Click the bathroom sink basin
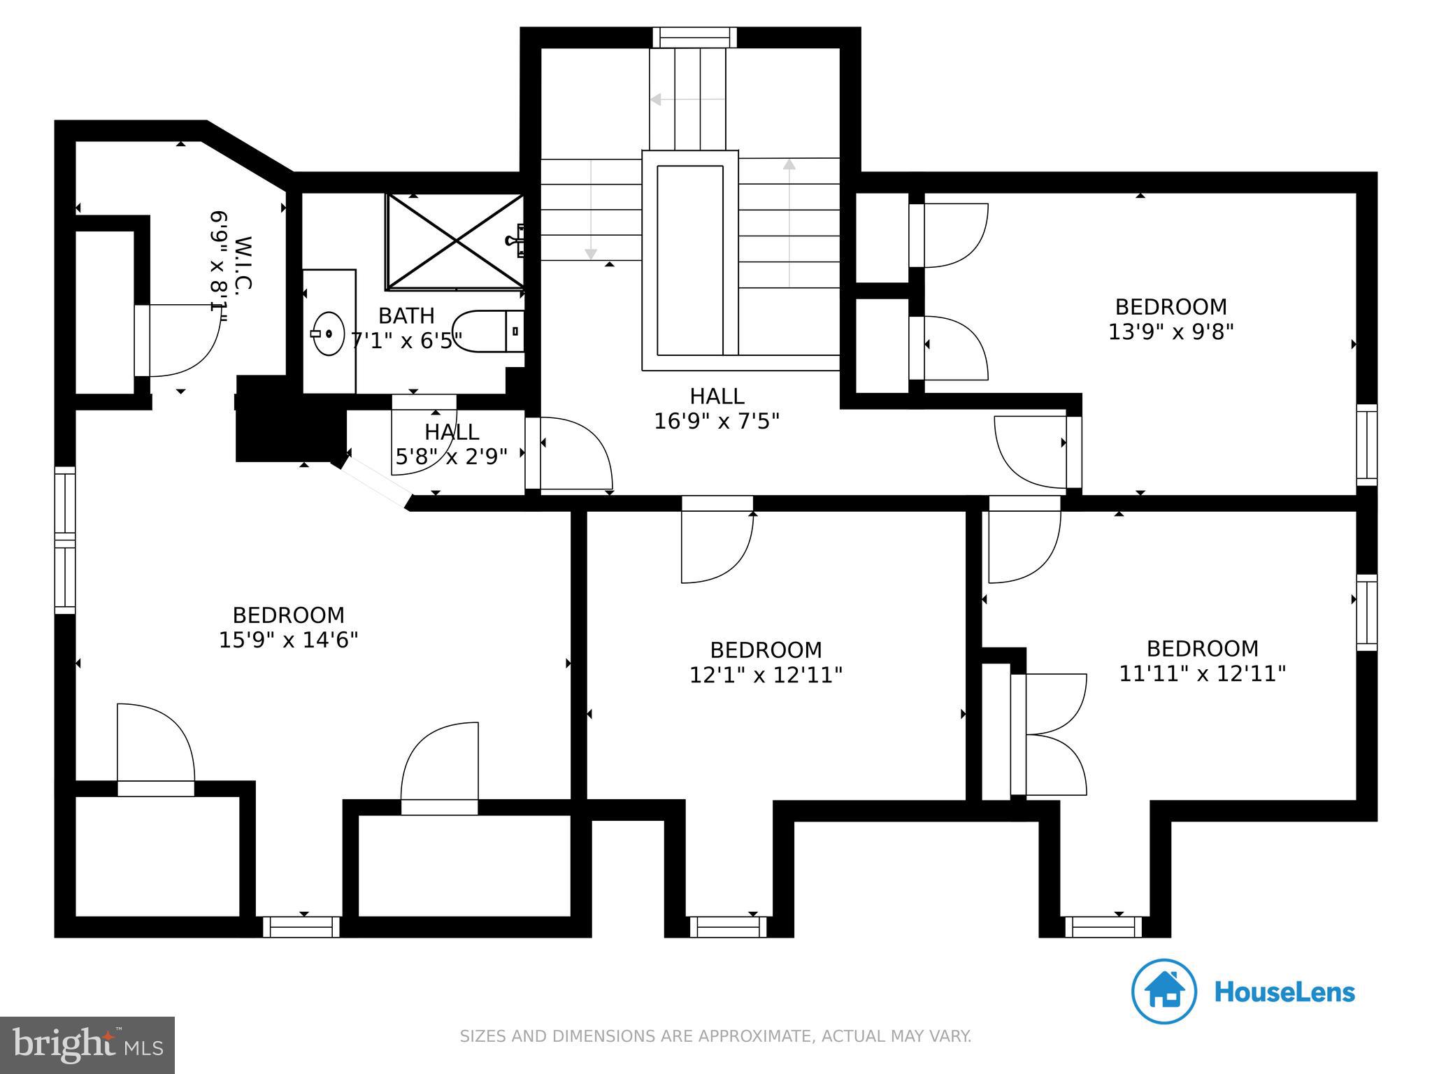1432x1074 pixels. click(x=328, y=334)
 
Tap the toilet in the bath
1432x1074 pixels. click(x=488, y=331)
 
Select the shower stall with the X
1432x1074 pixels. click(x=455, y=241)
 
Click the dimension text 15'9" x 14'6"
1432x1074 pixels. click(x=289, y=640)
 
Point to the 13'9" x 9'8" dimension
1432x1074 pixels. click(x=1170, y=331)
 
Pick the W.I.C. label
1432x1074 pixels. click(x=243, y=264)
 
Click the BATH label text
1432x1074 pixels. click(x=406, y=315)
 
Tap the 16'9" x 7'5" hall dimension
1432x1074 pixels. click(x=717, y=421)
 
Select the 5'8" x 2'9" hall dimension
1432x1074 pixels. click(x=452, y=457)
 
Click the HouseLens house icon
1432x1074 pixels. click(x=1164, y=991)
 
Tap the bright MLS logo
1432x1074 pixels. click(x=87, y=1045)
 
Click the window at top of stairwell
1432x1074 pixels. click(x=694, y=37)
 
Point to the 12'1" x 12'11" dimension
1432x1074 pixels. click(x=766, y=675)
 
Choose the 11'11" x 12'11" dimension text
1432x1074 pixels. click(x=1203, y=673)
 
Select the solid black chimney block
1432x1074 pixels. click(x=290, y=419)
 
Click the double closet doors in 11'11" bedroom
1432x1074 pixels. click(x=1049, y=734)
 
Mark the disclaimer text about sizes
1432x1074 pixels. click(x=715, y=1036)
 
